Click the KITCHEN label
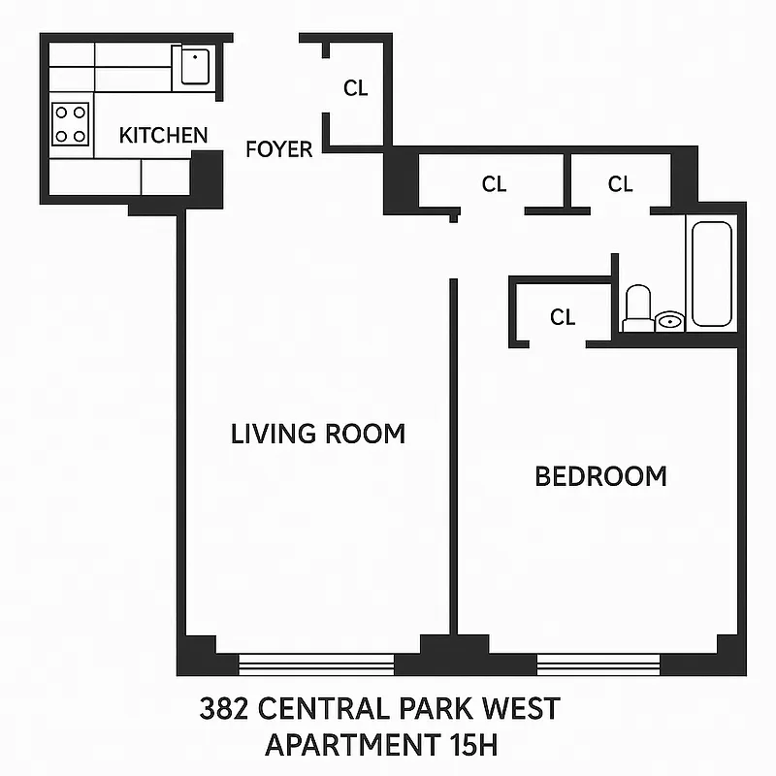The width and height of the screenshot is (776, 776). click(x=163, y=135)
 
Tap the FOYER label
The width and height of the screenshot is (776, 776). click(x=279, y=149)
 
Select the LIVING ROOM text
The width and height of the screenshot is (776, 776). click(x=318, y=434)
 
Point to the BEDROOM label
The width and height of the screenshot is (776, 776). click(x=601, y=476)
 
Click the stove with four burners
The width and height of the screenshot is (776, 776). click(x=71, y=123)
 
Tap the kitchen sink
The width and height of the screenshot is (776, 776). click(x=195, y=66)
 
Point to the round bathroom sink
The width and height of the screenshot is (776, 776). click(x=670, y=320)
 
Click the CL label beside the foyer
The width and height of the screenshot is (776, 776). click(x=356, y=88)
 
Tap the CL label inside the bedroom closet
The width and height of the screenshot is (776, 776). click(x=563, y=317)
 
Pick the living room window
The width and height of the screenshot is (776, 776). click(x=316, y=664)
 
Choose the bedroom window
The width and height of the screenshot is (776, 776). click(x=598, y=664)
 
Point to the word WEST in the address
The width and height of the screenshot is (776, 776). click(x=524, y=708)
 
